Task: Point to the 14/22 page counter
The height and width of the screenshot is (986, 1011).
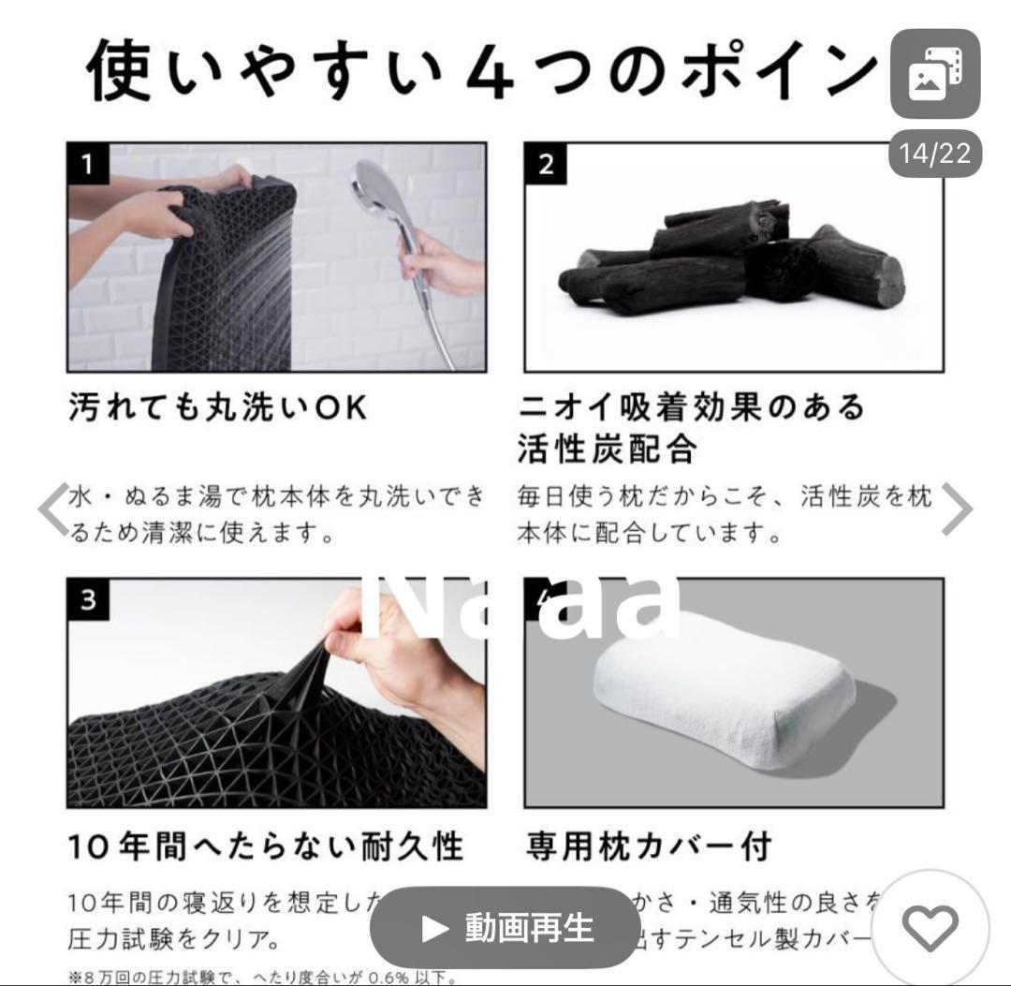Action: [x=935, y=153]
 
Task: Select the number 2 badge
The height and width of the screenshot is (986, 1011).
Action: [x=546, y=165]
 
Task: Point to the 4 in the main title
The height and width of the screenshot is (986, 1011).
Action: [x=489, y=71]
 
